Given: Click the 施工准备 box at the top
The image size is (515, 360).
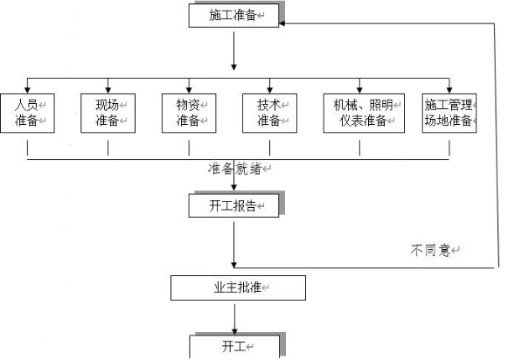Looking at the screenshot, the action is pyautogui.click(x=233, y=16).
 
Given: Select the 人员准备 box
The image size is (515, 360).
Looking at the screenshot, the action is pyautogui.click(x=28, y=114).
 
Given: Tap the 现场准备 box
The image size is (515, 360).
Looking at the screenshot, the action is pyautogui.click(x=108, y=114).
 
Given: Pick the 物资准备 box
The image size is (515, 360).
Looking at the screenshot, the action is pyautogui.click(x=189, y=114).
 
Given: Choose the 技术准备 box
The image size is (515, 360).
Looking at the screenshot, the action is pyautogui.click(x=269, y=114).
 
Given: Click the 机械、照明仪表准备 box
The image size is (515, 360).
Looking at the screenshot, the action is pyautogui.click(x=364, y=114).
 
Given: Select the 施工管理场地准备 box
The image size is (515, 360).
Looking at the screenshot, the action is pyautogui.click(x=449, y=114).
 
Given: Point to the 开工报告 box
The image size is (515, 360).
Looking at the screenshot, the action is pyautogui.click(x=233, y=205).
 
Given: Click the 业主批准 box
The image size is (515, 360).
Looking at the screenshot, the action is pyautogui.click(x=238, y=287).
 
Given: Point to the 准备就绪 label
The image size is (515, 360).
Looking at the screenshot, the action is pyautogui.click(x=235, y=169).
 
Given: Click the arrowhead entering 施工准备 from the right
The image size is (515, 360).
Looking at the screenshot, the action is pyautogui.click(x=282, y=24).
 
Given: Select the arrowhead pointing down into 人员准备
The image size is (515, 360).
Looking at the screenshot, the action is pyautogui.click(x=28, y=90).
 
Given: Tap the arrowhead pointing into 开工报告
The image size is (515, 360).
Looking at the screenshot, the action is pyautogui.click(x=233, y=187).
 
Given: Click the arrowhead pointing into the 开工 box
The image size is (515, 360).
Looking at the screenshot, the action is pyautogui.click(x=234, y=332).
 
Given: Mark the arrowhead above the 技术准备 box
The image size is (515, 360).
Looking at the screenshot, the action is pyautogui.click(x=269, y=90).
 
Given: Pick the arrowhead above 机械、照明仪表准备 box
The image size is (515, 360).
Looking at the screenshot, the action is pyautogui.click(x=359, y=90).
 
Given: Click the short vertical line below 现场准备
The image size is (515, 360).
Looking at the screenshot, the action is pyautogui.click(x=108, y=148).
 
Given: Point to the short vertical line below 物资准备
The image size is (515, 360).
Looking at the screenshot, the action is pyautogui.click(x=189, y=148).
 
